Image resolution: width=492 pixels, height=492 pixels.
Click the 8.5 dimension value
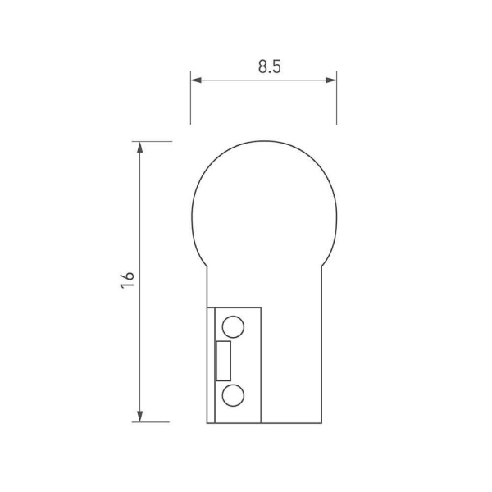coord(270,68)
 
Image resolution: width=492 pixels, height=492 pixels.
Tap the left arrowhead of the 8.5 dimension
coord(196,80)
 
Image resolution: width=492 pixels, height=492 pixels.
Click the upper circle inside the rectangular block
coord(233,326)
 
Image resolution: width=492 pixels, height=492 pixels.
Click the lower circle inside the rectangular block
coord(233,396)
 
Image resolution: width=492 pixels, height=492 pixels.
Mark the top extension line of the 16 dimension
coord(156,141)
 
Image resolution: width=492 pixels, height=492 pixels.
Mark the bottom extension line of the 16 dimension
coord(156,422)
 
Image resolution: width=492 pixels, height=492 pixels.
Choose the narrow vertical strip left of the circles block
coord(210,365)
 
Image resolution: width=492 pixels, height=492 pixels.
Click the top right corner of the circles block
coord(261,307)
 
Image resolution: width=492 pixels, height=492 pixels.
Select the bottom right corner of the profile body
coord(321,422)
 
